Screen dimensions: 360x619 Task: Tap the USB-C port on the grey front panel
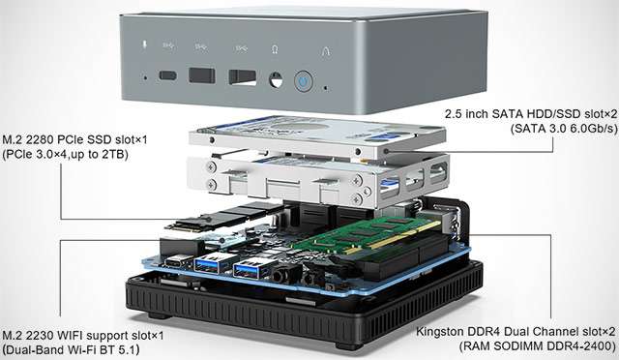tap(168, 76)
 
